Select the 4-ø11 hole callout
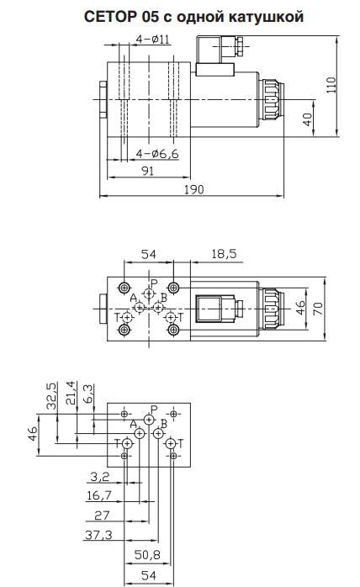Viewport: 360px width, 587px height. click(153, 39)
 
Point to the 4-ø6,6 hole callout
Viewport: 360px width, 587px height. click(156, 153)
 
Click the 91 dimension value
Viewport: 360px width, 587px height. click(147, 171)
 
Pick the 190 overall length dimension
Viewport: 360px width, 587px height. click(194, 189)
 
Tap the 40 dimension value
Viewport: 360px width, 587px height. click(309, 119)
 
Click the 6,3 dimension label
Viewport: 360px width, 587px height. click(90, 394)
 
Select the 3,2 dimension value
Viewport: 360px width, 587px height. click(99, 476)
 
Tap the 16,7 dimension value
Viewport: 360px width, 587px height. click(100, 496)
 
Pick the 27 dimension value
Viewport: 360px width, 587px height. click(102, 515)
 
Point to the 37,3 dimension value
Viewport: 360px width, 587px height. click(101, 535)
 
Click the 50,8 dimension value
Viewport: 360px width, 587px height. click(147, 556)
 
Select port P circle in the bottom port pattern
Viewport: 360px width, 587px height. click(149, 420)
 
